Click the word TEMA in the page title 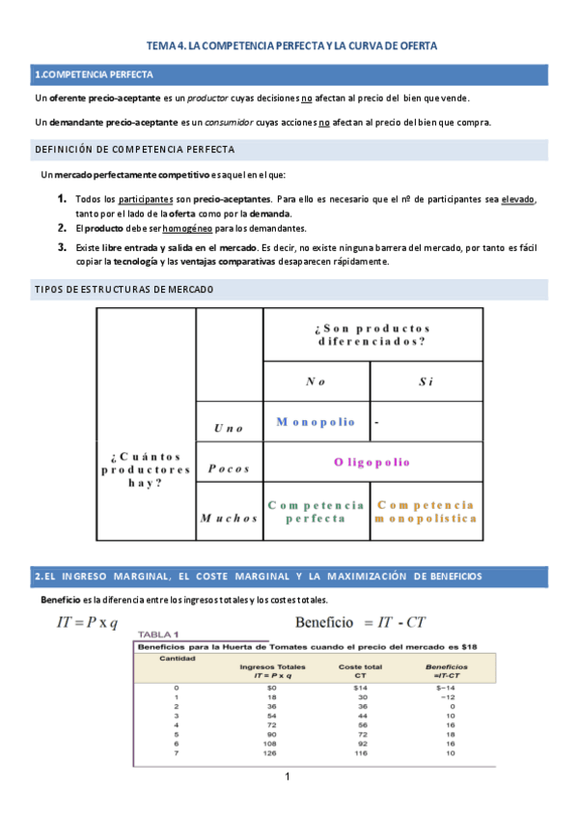(158, 45)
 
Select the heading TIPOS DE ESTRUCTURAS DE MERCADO (124, 290)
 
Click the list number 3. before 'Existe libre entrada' (61, 247)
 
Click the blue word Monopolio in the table (316, 422)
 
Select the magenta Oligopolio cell (372, 463)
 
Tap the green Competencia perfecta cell (316, 512)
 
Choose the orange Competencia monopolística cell (426, 512)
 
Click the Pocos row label (228, 468)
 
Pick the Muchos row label (229, 518)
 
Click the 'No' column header (316, 381)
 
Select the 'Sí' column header (426, 381)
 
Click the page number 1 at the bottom (288, 777)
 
